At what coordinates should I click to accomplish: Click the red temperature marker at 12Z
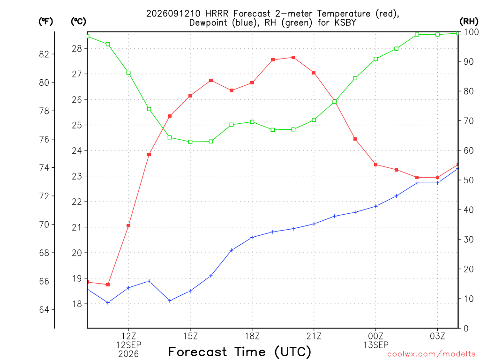(x=128, y=226)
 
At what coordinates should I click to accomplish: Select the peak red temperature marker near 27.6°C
(x=293, y=58)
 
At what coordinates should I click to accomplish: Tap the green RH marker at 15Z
(x=190, y=142)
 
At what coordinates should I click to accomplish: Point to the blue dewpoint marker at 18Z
(x=252, y=238)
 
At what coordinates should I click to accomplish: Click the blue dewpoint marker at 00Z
(x=376, y=206)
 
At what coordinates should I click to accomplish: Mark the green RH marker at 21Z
(x=314, y=120)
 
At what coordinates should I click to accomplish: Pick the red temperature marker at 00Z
(x=376, y=165)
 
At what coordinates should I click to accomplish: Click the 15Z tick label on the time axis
(x=190, y=336)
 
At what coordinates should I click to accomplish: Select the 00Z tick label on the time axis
(x=375, y=336)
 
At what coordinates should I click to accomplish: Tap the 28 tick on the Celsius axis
(x=77, y=48)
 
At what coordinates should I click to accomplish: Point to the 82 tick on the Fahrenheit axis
(x=44, y=54)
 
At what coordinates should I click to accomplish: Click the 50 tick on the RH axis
(x=469, y=180)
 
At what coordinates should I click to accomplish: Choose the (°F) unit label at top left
(x=45, y=22)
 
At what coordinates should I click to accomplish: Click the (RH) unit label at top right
(x=469, y=22)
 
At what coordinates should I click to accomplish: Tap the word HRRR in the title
(x=217, y=14)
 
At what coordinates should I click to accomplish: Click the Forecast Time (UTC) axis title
(x=240, y=352)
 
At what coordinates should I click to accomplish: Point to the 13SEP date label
(x=375, y=345)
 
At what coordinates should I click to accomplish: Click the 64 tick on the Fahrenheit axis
(x=44, y=309)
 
